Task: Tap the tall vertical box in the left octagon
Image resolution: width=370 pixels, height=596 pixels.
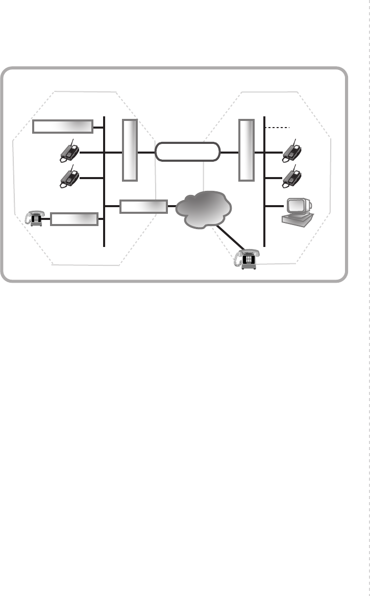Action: coord(130,150)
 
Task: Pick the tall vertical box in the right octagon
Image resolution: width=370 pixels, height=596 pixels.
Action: coord(246,150)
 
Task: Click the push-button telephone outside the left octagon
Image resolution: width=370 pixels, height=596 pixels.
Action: coord(35,218)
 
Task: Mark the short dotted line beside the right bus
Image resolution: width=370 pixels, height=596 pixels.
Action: coord(278,127)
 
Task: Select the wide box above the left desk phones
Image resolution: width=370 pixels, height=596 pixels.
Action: coord(63,126)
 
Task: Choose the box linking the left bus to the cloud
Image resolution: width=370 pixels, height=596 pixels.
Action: coord(144,206)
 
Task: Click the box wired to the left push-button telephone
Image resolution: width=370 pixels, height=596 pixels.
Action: coord(75,219)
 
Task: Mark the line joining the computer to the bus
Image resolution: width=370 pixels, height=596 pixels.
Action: coord(275,206)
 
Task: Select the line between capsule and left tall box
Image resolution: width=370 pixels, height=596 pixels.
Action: coord(146,152)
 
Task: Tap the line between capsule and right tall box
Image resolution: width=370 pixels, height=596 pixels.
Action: coord(230,152)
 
